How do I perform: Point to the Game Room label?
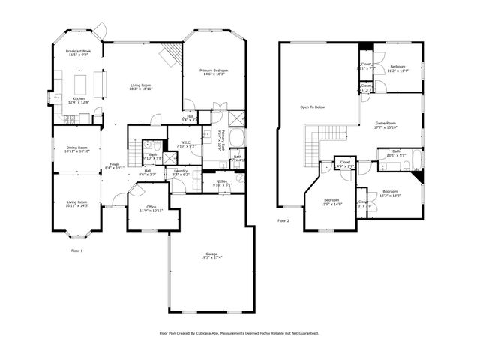(385, 125)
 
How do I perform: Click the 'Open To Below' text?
(313, 107)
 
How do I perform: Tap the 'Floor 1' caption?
(77, 250)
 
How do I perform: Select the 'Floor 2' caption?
(283, 221)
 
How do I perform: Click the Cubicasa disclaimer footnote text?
(239, 333)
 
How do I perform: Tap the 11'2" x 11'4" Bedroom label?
(397, 69)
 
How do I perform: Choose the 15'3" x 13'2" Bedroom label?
(390, 193)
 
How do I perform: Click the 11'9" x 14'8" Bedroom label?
(331, 201)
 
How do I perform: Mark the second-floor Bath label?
(395, 153)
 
